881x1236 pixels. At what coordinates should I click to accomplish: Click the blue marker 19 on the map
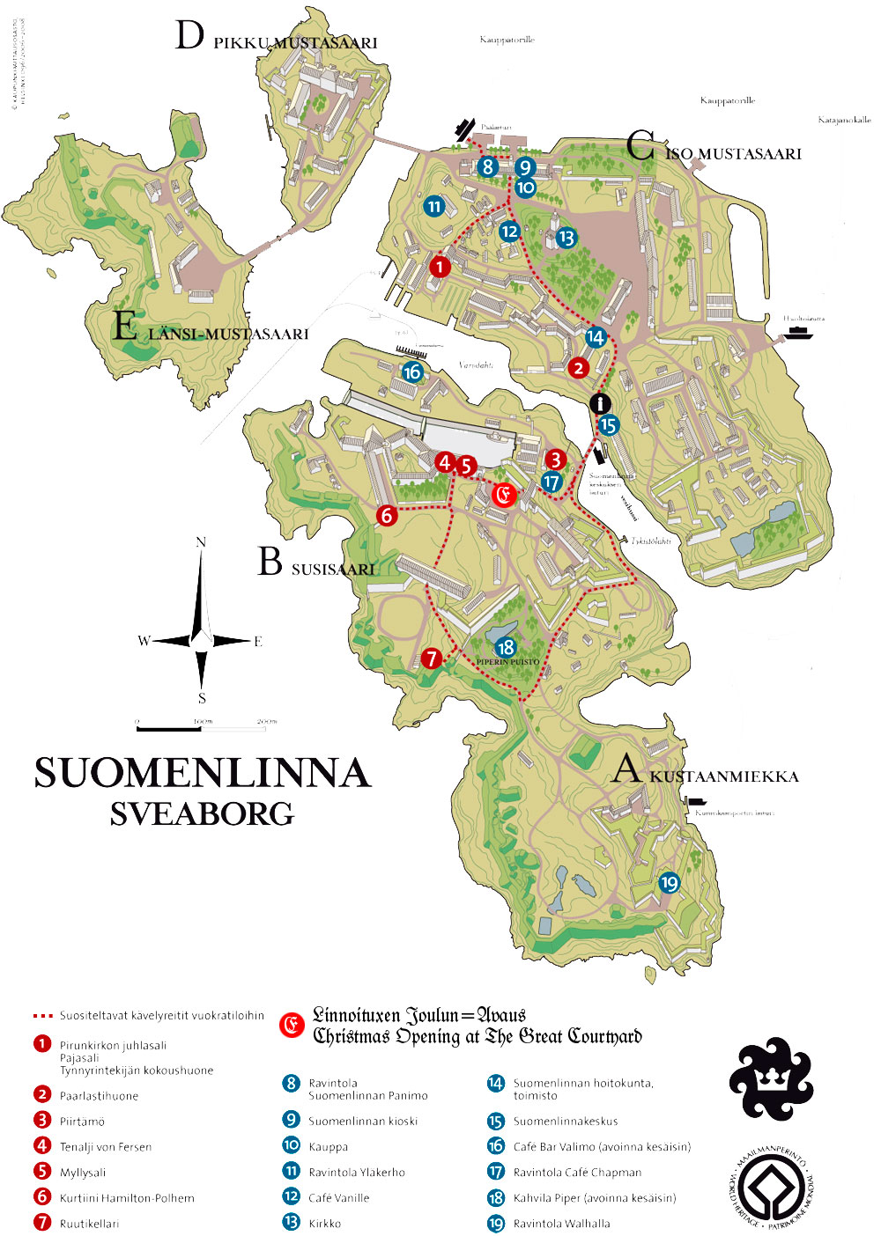click(670, 882)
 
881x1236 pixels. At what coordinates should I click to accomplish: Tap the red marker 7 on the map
click(431, 658)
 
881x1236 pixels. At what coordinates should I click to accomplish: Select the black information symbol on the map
click(601, 404)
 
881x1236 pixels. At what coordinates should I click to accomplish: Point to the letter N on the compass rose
click(201, 542)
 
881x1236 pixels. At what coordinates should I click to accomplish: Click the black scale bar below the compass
click(169, 729)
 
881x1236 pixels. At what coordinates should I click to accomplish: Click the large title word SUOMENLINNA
click(203, 773)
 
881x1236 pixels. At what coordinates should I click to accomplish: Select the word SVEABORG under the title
click(202, 814)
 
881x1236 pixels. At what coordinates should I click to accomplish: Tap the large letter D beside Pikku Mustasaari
click(189, 36)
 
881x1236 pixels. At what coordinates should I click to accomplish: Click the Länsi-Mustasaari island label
click(228, 334)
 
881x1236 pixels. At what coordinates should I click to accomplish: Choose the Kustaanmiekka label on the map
click(724, 776)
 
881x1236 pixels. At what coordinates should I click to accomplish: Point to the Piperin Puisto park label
click(507, 662)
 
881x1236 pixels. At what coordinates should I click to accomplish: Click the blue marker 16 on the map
click(412, 372)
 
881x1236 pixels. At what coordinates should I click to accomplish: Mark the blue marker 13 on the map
click(566, 238)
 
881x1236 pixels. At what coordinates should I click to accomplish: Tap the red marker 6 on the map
click(386, 515)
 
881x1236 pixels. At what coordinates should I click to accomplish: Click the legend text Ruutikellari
click(89, 1224)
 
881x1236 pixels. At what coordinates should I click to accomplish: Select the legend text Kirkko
click(324, 1224)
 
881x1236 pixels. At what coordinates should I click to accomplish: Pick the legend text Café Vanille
click(338, 1198)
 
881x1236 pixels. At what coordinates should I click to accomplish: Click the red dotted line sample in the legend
click(43, 1016)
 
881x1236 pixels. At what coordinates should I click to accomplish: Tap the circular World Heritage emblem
click(772, 1188)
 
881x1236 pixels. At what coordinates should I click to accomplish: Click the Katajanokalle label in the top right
click(844, 120)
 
